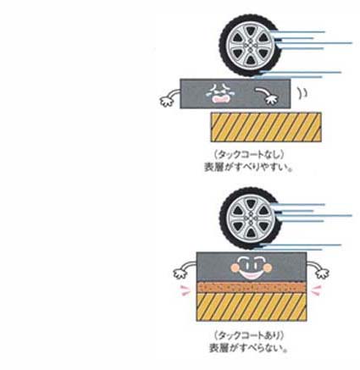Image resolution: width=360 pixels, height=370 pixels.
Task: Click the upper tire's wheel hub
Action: (x=250, y=46)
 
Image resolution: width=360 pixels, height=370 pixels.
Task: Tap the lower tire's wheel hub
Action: (x=250, y=218)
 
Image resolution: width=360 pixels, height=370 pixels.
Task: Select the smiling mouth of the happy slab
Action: (x=250, y=274)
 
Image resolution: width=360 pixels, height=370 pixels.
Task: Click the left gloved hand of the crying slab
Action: (x=167, y=101)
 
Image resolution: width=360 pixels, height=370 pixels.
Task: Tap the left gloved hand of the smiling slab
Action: (x=180, y=273)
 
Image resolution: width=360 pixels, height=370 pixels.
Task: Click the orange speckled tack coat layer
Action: (x=251, y=287)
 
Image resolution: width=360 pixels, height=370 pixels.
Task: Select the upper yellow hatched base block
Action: (x=266, y=127)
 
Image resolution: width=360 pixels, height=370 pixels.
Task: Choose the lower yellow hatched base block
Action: (x=251, y=306)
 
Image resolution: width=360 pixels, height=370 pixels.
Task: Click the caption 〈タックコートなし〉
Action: (x=248, y=155)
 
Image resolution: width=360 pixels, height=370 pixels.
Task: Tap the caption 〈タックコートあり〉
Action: (x=248, y=335)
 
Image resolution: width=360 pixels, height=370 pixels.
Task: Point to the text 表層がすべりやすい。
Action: (x=247, y=167)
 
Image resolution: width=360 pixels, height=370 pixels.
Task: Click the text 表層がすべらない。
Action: (x=248, y=348)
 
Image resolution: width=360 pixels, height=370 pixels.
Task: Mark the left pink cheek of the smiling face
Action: (x=235, y=268)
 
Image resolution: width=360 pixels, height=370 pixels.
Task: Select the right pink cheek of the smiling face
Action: (x=267, y=268)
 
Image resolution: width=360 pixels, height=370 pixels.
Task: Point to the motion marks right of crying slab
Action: (x=302, y=93)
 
